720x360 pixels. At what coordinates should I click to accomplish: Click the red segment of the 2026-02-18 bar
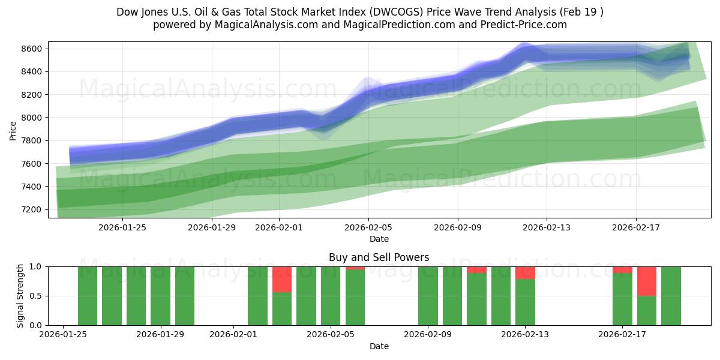click(646, 281)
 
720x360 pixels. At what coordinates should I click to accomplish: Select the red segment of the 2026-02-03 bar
click(282, 279)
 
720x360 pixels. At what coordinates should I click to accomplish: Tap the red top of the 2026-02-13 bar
click(525, 272)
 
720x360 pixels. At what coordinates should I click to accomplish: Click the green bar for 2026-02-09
click(428, 296)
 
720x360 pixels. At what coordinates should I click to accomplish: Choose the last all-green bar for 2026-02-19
click(671, 296)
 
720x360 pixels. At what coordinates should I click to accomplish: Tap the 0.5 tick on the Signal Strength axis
click(37, 296)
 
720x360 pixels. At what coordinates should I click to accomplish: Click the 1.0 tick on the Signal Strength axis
click(37, 266)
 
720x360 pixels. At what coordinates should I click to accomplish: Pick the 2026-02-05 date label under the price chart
click(368, 227)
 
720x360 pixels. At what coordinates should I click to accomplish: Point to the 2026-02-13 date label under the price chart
click(547, 227)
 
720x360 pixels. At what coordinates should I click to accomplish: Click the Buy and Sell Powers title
click(379, 257)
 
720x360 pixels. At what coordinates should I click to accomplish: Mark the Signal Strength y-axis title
click(20, 296)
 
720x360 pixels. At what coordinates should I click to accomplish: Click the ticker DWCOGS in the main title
click(409, 12)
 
